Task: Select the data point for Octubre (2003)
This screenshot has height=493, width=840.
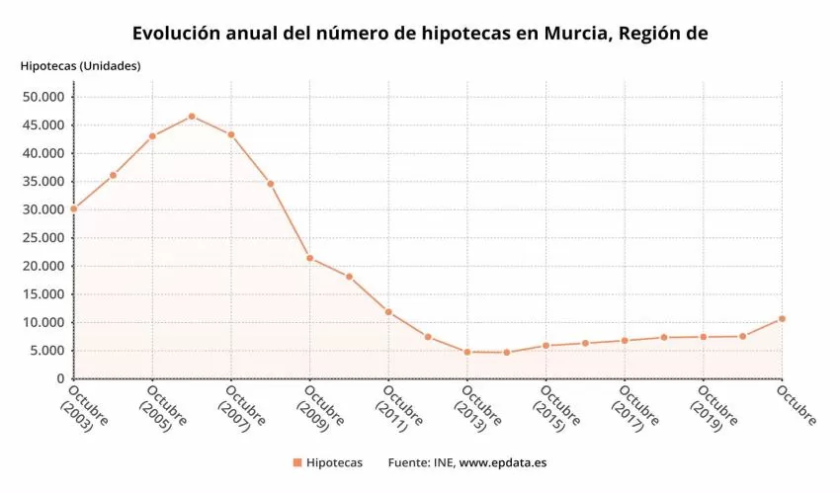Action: (x=73, y=208)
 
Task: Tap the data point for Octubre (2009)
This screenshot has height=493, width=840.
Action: (x=309, y=258)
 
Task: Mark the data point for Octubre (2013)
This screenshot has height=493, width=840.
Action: (x=466, y=352)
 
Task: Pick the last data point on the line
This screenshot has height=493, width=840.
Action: (x=782, y=318)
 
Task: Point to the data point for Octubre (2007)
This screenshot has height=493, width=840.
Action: (x=231, y=134)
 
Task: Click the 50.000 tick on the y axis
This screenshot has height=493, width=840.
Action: (x=42, y=97)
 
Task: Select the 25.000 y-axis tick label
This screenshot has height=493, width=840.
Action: (x=42, y=238)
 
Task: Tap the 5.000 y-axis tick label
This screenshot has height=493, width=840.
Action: (x=46, y=351)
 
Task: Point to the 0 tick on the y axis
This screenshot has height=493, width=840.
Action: (x=60, y=379)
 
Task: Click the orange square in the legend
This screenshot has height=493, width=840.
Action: (x=296, y=462)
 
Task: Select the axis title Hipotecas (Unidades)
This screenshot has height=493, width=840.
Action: (x=80, y=66)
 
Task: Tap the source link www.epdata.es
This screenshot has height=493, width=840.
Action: (x=503, y=462)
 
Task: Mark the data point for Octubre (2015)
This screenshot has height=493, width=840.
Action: (x=546, y=345)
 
